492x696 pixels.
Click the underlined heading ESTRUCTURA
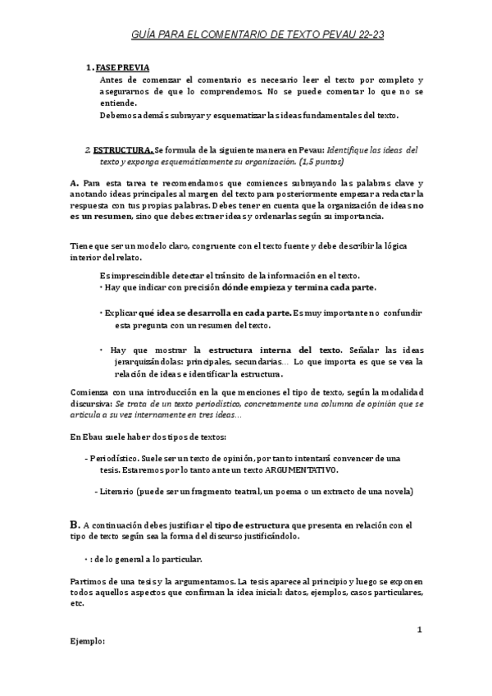[122, 151]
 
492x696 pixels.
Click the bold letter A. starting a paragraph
[74, 181]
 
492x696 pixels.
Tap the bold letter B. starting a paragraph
[75, 523]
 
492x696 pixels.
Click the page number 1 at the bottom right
[419, 630]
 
